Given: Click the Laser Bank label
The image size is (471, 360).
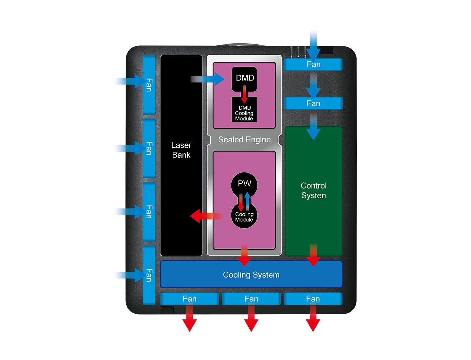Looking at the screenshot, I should point(181,150).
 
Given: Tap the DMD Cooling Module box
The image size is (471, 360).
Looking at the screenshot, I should point(244,113).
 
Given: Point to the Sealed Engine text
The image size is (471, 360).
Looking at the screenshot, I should point(244,140).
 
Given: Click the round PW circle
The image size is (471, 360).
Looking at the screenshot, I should point(244,184).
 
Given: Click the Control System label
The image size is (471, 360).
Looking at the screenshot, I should point(313,190).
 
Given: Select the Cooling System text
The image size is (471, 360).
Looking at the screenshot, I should point(251,275).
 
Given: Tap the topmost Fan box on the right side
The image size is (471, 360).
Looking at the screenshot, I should point(313,64).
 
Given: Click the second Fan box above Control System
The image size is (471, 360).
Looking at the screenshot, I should point(313,104).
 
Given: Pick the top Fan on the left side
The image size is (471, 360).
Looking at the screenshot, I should point(149,85).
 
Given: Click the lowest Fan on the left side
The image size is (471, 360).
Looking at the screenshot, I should point(149,275).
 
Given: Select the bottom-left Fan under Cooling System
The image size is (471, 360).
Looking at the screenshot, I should point(189,299).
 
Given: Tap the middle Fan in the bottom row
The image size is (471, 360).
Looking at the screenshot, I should point(251,299).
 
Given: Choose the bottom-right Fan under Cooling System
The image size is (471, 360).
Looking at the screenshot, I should point(313,299).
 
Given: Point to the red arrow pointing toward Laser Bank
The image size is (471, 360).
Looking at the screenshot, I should point(204,216).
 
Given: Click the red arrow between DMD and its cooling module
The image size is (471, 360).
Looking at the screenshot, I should point(244,94).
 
